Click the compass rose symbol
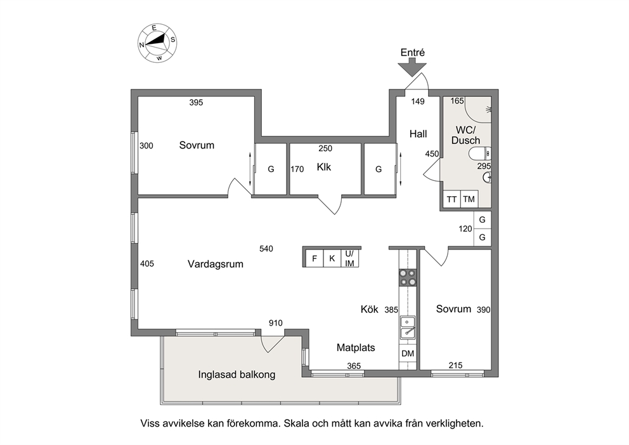click(157, 43)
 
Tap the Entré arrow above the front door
click(412, 67)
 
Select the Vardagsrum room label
click(216, 264)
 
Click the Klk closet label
click(324, 167)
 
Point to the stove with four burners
click(408, 277)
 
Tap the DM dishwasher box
click(408, 354)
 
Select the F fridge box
click(314, 258)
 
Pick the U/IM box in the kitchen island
click(350, 258)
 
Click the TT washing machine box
click(451, 199)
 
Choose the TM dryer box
click(469, 199)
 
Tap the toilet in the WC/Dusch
click(480, 154)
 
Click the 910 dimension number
click(276, 323)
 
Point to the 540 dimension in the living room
click(266, 249)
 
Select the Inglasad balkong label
click(237, 375)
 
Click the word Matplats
click(356, 347)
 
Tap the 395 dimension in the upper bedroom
click(196, 102)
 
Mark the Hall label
click(418, 134)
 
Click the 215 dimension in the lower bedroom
click(455, 366)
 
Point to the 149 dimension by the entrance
click(418, 101)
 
